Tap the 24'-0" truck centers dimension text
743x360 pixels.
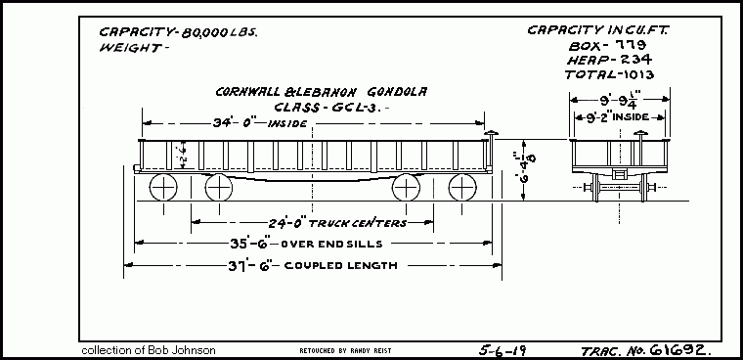pos(324,223)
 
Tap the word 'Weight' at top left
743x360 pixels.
pos(130,47)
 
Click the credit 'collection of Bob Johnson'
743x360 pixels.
pos(148,349)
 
